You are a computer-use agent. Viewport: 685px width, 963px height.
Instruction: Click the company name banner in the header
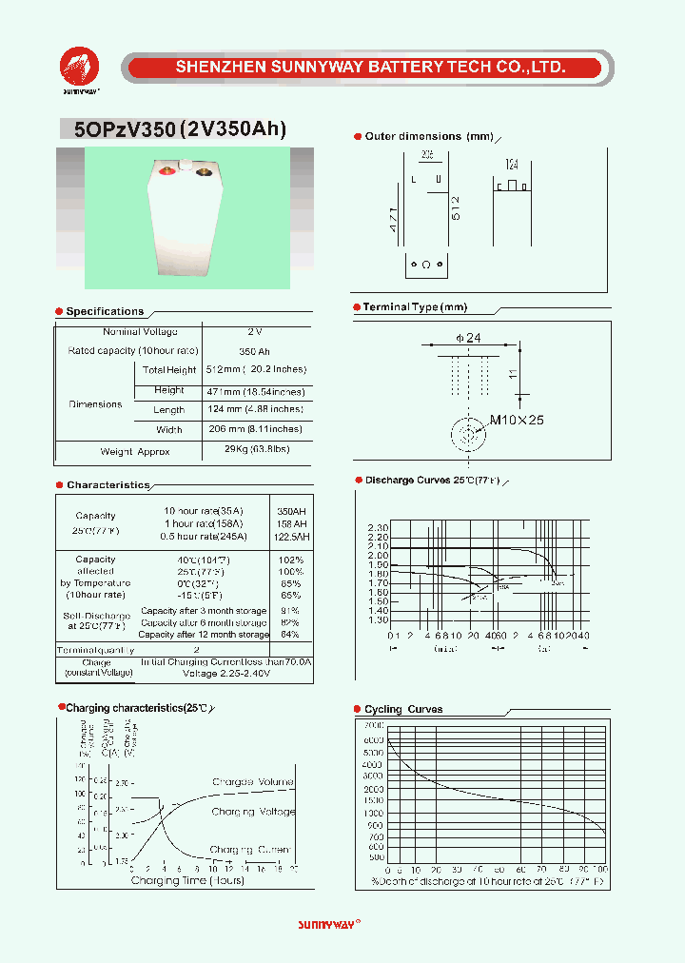371,68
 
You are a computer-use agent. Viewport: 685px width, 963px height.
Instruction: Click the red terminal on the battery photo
166,171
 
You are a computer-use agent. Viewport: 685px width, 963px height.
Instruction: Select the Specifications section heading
105,311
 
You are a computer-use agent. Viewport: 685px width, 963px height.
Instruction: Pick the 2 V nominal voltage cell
254,331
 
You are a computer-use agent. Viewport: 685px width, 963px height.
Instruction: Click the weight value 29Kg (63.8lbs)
257,449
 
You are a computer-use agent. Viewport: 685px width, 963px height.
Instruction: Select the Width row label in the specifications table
169,429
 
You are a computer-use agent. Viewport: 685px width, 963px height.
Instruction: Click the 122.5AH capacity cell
291,537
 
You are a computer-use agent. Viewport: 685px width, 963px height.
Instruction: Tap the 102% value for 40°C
291,560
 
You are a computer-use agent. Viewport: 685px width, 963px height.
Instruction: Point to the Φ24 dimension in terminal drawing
469,339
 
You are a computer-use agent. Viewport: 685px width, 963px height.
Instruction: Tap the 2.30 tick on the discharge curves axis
378,527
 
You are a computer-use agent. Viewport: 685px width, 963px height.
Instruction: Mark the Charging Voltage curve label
253,812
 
